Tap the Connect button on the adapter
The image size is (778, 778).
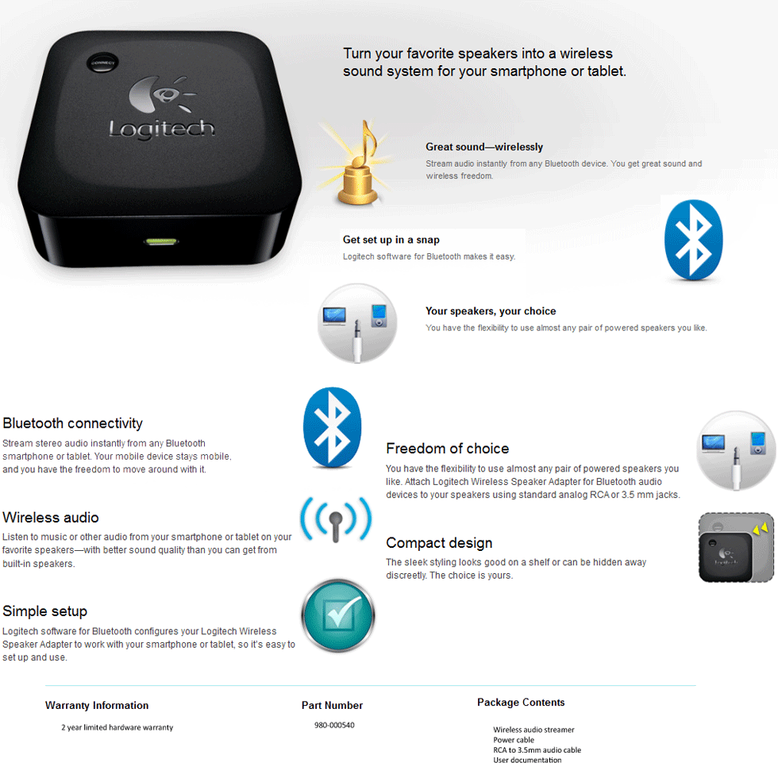(102, 62)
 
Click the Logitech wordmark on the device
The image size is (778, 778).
(161, 128)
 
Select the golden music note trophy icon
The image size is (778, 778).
(361, 163)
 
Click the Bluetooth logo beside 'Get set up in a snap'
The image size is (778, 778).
(693, 238)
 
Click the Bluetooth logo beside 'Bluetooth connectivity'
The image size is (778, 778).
(332, 427)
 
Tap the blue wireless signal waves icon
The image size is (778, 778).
(336, 521)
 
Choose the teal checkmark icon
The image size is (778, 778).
(337, 615)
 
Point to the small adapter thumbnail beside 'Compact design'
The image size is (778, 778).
(735, 548)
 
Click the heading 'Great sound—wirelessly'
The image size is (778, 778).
(484, 147)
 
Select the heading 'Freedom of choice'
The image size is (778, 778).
(447, 449)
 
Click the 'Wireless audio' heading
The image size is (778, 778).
(51, 518)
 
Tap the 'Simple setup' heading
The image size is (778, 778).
(44, 611)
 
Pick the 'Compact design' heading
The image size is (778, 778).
(439, 543)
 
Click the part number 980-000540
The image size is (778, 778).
(334, 725)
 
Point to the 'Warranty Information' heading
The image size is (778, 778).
(97, 705)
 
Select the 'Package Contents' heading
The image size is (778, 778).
(521, 703)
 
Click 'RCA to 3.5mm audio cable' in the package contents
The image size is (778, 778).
(537, 750)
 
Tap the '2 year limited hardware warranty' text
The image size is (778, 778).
(117, 727)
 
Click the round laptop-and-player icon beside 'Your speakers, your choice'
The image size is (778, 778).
(356, 322)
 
